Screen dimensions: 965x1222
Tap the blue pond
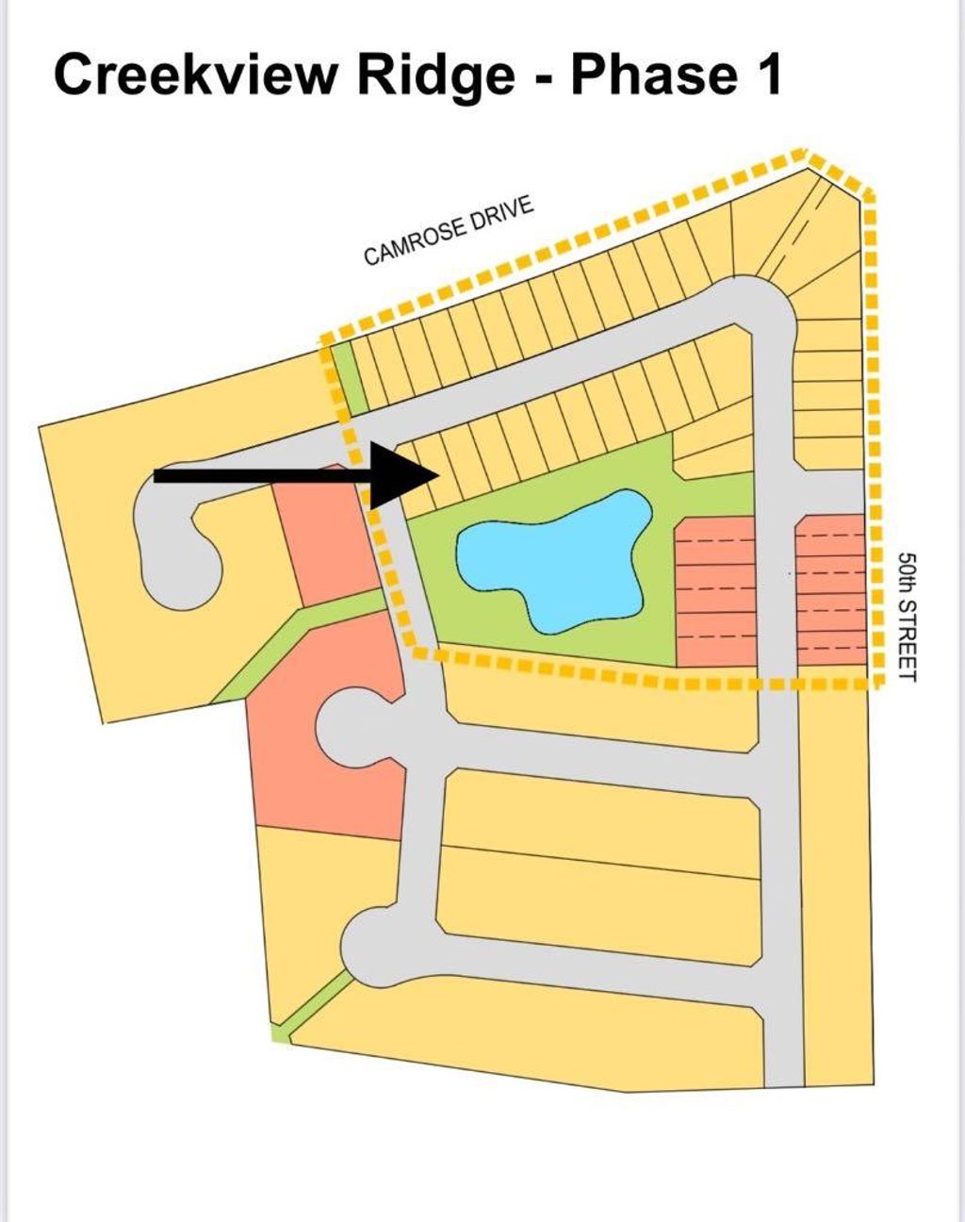(x=553, y=562)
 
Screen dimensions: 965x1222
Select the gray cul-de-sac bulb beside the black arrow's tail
(x=177, y=538)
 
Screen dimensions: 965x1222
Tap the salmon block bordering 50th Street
(x=831, y=589)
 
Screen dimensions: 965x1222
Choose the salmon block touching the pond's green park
(x=716, y=592)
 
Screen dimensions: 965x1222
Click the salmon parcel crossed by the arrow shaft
(x=325, y=535)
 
